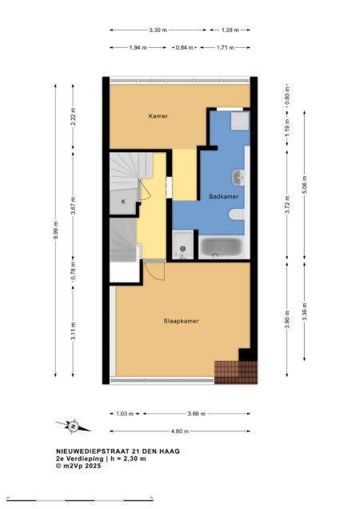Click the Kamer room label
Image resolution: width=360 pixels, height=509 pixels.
tap(158, 116)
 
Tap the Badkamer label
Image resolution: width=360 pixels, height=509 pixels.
tap(224, 196)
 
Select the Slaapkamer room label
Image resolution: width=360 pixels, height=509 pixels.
tap(181, 321)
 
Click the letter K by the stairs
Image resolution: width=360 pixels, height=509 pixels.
tap(123, 202)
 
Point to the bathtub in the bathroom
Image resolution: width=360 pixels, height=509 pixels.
tap(221, 247)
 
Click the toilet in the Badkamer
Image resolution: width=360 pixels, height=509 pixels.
tap(237, 214)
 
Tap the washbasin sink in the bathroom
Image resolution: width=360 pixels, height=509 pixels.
tap(238, 178)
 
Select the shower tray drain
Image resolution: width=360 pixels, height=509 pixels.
tap(182, 249)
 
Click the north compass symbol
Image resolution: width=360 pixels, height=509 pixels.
tap(74, 426)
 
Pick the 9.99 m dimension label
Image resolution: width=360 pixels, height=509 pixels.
tap(55, 230)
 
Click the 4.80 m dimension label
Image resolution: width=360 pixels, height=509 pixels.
tap(180, 431)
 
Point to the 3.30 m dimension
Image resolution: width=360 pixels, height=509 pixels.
tap(158, 30)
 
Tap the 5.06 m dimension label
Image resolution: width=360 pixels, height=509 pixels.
tap(305, 185)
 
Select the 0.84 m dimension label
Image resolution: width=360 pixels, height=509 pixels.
tap(184, 48)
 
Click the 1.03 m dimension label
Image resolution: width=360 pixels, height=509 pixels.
tap(125, 414)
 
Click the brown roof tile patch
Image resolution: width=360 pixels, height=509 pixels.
tap(236, 372)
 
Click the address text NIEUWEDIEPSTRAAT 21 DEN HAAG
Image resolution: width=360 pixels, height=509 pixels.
tap(118, 451)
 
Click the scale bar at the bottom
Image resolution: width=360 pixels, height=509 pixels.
tap(80, 499)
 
